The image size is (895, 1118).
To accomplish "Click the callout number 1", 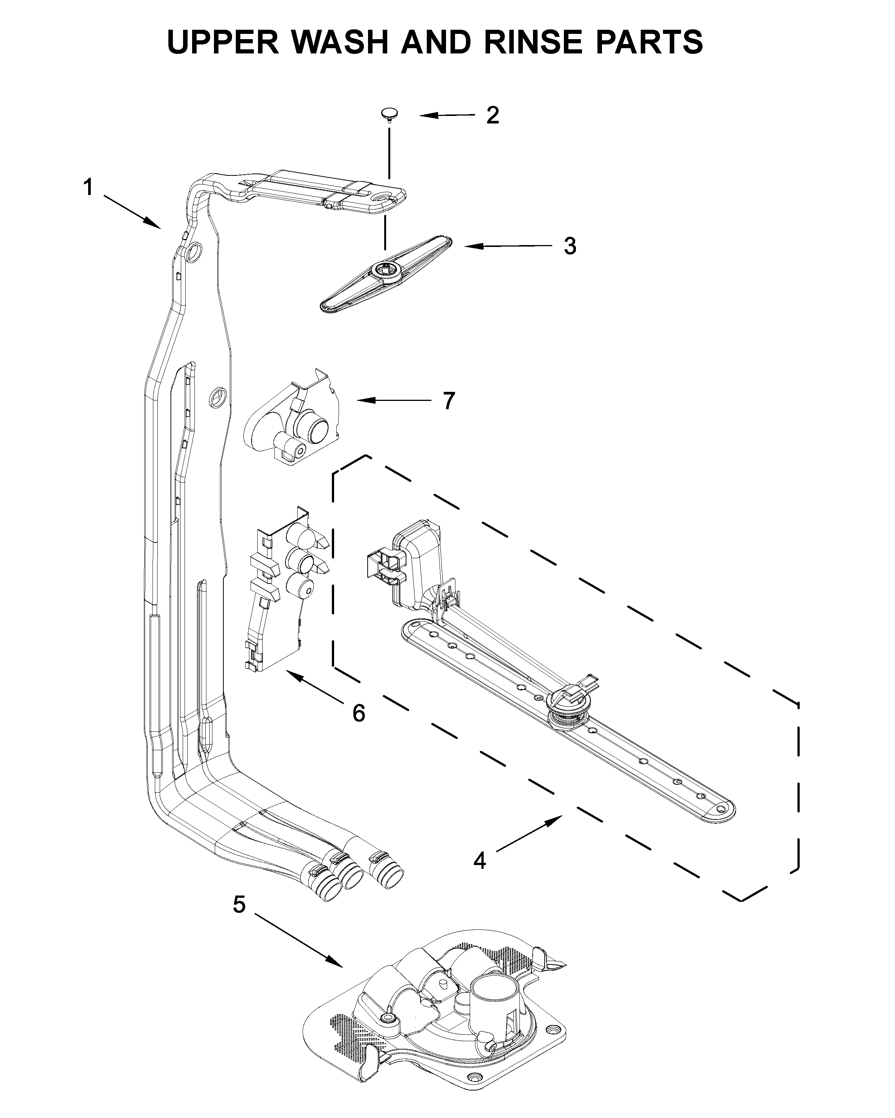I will [89, 187].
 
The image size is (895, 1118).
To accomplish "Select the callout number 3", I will [570, 246].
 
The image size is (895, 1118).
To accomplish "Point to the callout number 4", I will [480, 861].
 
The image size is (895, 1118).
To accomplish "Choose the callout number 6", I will [359, 713].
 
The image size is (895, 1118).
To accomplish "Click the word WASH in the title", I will [340, 41].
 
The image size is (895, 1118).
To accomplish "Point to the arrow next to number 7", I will [393, 400].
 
